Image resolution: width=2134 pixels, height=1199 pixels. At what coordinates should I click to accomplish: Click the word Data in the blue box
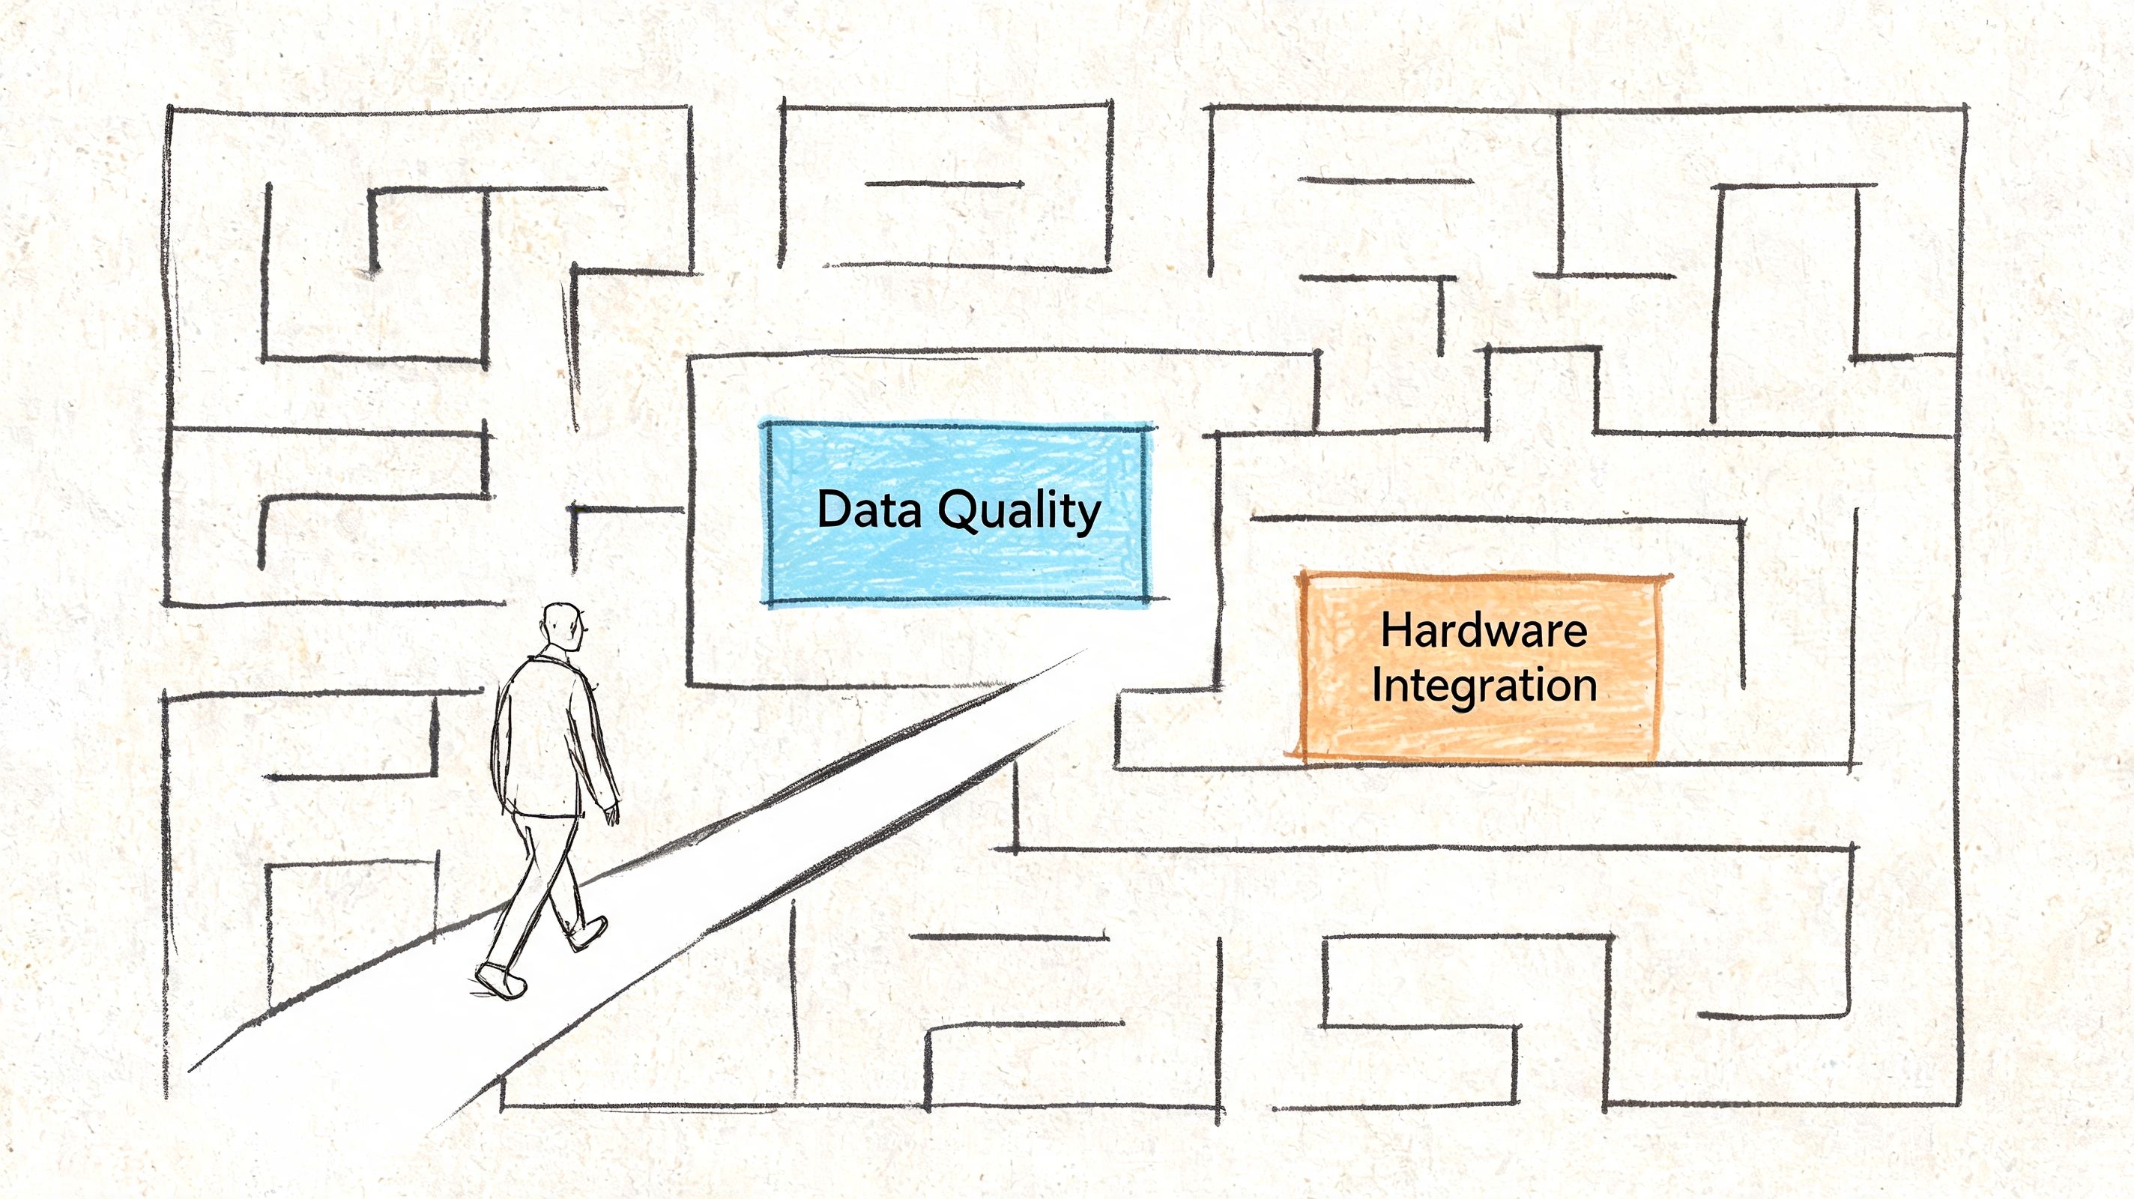pos(869,509)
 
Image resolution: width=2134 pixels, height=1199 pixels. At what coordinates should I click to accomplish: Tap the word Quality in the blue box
pos(1020,512)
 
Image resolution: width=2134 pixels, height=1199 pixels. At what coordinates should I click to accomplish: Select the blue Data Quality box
pos(958,514)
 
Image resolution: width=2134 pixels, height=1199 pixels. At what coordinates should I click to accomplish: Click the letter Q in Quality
pos(957,511)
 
